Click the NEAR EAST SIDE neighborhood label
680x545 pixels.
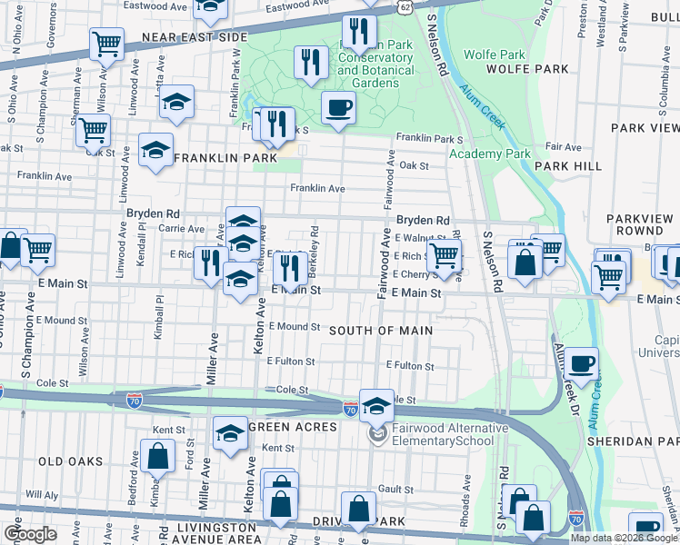195,37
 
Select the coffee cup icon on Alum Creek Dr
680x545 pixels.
582,364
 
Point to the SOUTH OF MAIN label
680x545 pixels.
380,331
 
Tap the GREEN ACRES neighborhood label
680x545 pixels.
293,428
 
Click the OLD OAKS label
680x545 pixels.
71,461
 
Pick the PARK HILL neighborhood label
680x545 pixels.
568,166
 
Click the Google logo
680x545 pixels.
30,534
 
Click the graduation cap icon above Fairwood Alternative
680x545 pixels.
376,405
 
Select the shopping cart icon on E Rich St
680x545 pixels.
444,255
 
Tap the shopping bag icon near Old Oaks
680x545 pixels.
157,456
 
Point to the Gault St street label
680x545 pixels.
397,489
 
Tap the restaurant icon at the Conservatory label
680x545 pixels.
360,34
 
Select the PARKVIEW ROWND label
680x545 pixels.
639,224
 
